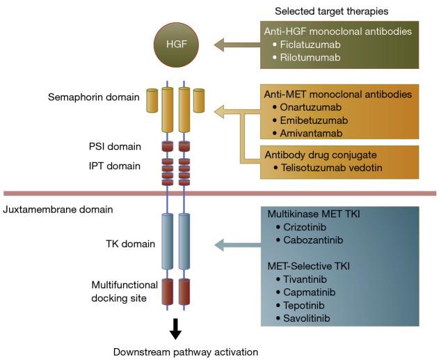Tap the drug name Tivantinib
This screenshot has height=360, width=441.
pyautogui.click(x=303, y=279)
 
